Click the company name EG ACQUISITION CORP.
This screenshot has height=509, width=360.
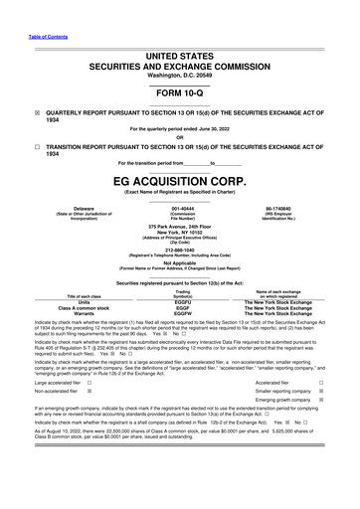click(180, 182)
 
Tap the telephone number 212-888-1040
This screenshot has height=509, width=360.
click(180, 249)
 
